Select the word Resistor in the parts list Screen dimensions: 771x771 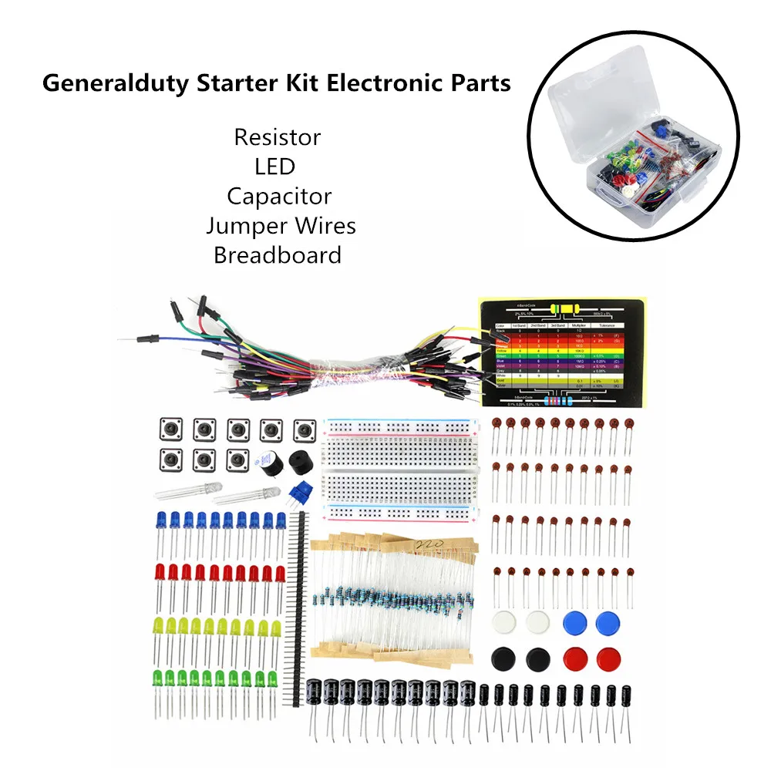(278, 138)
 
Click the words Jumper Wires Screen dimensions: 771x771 (281, 226)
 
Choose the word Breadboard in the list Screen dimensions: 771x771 (278, 255)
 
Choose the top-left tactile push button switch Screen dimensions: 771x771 (169, 429)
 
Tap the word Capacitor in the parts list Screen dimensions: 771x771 (279, 196)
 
